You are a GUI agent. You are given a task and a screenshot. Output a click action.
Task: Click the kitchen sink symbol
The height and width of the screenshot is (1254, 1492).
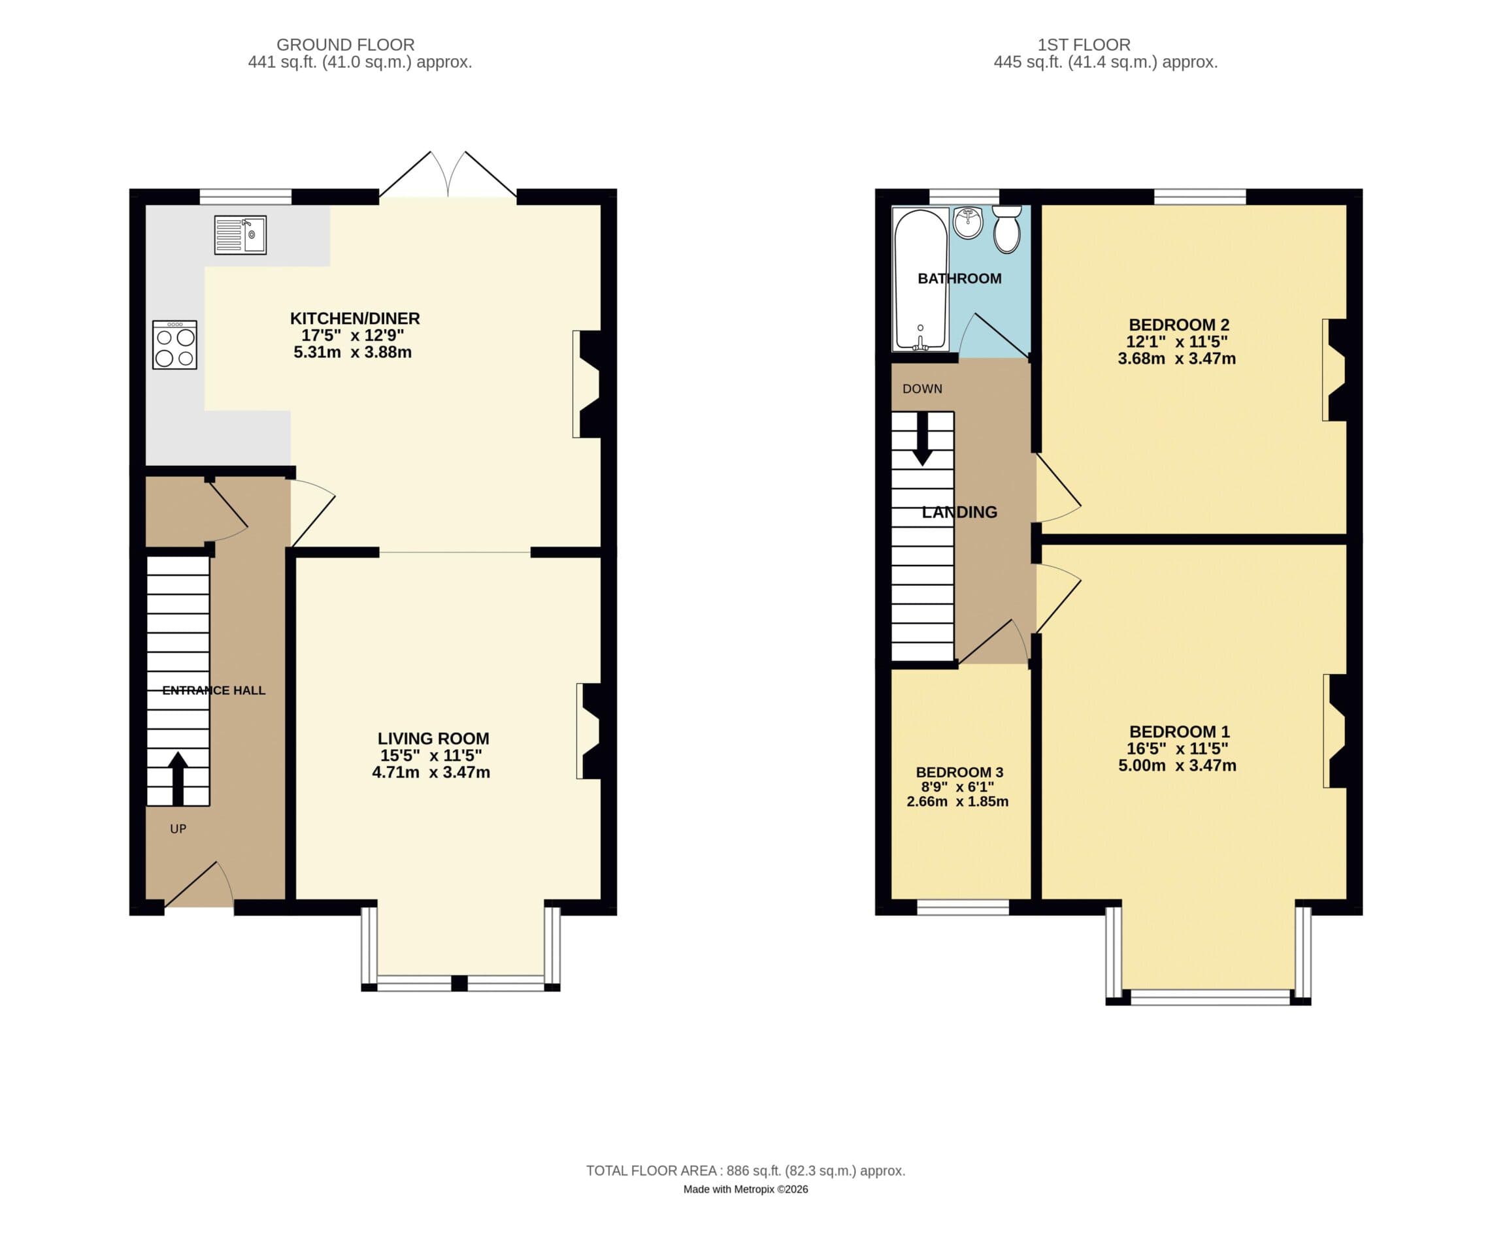tap(240, 234)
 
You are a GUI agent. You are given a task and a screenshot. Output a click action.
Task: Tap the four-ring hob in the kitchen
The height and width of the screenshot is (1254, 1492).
tap(174, 345)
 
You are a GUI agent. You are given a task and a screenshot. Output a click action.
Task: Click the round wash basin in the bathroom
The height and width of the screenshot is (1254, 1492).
tap(968, 223)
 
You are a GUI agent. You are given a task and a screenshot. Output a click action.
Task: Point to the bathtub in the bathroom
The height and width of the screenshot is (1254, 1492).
tap(921, 279)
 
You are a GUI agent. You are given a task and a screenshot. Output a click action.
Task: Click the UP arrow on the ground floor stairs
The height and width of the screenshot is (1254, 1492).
tap(178, 779)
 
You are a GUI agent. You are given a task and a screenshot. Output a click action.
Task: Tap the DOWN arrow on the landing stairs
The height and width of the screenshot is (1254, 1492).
tap(922, 439)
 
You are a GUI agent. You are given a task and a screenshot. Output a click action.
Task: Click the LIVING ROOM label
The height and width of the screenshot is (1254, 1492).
tap(433, 739)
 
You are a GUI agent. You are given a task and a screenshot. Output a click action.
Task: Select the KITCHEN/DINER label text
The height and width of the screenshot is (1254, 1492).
tap(355, 319)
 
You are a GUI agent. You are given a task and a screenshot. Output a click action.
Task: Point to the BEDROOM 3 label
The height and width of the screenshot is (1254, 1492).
tap(959, 772)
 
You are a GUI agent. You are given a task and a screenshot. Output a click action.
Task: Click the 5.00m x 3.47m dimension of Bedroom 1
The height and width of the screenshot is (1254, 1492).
tap(1177, 765)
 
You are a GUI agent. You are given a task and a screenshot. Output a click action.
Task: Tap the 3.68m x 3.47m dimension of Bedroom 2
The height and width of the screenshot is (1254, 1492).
tap(1176, 359)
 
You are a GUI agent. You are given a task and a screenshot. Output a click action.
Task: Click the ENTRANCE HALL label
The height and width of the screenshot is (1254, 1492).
tap(213, 690)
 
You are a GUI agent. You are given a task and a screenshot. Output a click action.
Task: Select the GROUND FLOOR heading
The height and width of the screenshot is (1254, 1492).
tap(345, 45)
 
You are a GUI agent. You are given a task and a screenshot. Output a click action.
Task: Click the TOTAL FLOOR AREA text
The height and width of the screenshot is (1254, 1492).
tap(745, 1171)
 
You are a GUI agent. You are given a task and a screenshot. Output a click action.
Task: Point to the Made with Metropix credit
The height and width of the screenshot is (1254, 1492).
tap(745, 1189)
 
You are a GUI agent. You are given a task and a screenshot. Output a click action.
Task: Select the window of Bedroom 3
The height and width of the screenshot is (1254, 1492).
tap(963, 907)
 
